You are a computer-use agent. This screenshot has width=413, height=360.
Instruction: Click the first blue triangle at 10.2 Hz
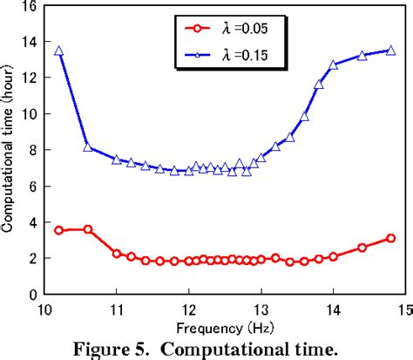[59, 51]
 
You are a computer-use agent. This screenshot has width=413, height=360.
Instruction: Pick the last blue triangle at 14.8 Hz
[390, 51]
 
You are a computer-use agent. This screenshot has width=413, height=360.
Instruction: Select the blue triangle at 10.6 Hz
[88, 147]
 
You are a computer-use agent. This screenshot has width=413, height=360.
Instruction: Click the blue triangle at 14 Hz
[333, 65]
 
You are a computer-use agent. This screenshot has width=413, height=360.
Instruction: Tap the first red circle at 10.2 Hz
[59, 230]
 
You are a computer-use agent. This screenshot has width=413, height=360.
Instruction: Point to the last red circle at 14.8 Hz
[390, 238]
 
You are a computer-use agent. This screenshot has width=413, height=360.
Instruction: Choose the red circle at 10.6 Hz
[88, 229]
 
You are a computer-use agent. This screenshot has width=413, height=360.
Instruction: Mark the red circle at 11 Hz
[117, 253]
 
